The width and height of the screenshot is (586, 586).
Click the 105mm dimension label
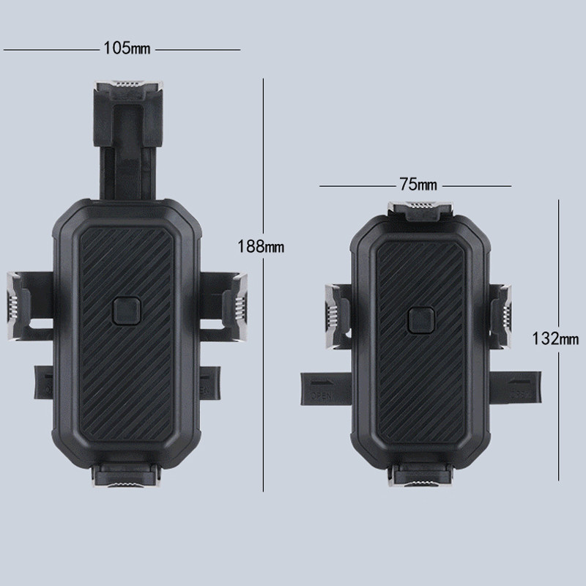click(125, 49)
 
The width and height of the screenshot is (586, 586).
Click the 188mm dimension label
click(260, 247)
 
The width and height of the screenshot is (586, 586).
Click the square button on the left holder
click(125, 311)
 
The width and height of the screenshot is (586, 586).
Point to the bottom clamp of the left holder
click(125, 481)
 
